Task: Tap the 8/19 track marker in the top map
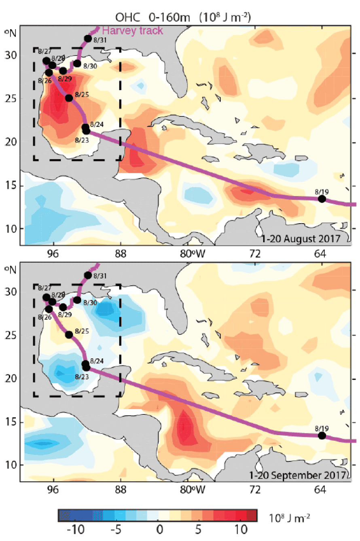[x=322, y=199]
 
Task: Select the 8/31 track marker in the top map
[x=88, y=39]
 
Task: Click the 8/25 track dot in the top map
[x=69, y=98]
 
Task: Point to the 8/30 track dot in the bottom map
[x=77, y=300]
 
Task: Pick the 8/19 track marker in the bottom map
[x=322, y=435]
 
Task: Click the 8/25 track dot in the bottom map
[x=69, y=334]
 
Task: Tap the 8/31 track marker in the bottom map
[x=88, y=275]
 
